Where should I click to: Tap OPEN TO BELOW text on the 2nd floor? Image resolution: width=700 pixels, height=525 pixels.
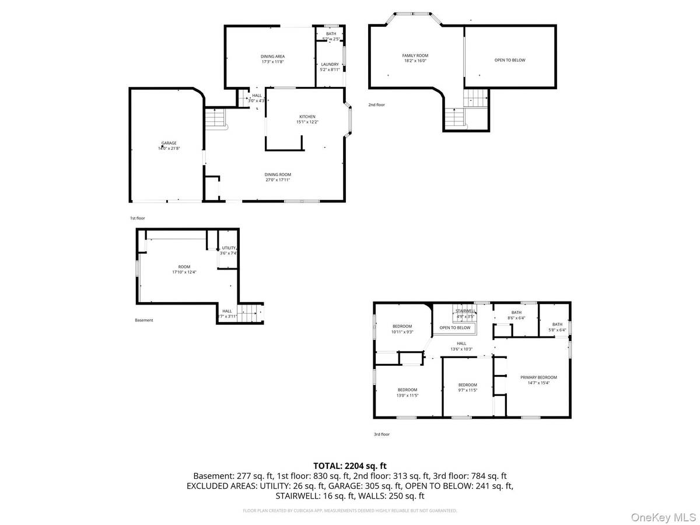pos(510,60)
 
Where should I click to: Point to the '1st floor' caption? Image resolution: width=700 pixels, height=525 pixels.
pos(137,218)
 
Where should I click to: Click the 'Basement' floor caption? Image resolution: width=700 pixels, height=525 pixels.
pos(144,320)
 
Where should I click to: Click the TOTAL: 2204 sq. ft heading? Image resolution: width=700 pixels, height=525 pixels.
pos(350,466)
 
